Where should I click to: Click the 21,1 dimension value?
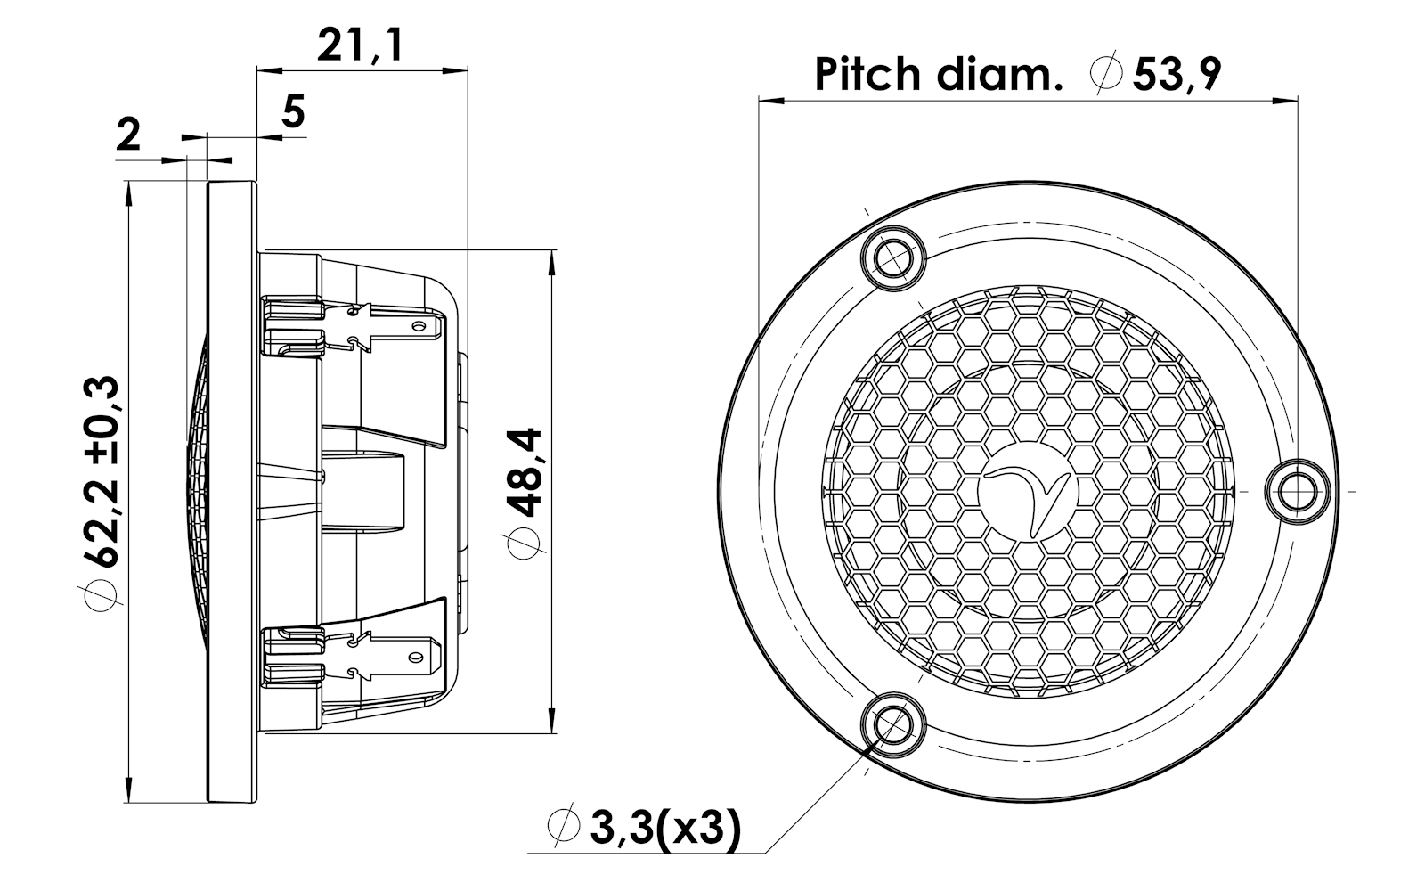(x=360, y=46)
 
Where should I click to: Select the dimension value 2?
(x=128, y=135)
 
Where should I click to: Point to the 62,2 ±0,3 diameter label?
(x=102, y=471)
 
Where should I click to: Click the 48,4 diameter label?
(x=525, y=472)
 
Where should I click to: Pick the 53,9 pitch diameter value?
(x=1177, y=75)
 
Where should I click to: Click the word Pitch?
(x=867, y=75)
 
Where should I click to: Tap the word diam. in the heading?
(x=999, y=75)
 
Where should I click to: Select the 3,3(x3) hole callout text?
(x=666, y=828)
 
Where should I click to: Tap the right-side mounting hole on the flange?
(x=1297, y=491)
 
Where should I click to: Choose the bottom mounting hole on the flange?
(x=893, y=725)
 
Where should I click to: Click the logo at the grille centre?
(x=1028, y=492)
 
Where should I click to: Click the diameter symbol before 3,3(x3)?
(x=563, y=825)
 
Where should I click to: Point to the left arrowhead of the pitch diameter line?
(x=770, y=100)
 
